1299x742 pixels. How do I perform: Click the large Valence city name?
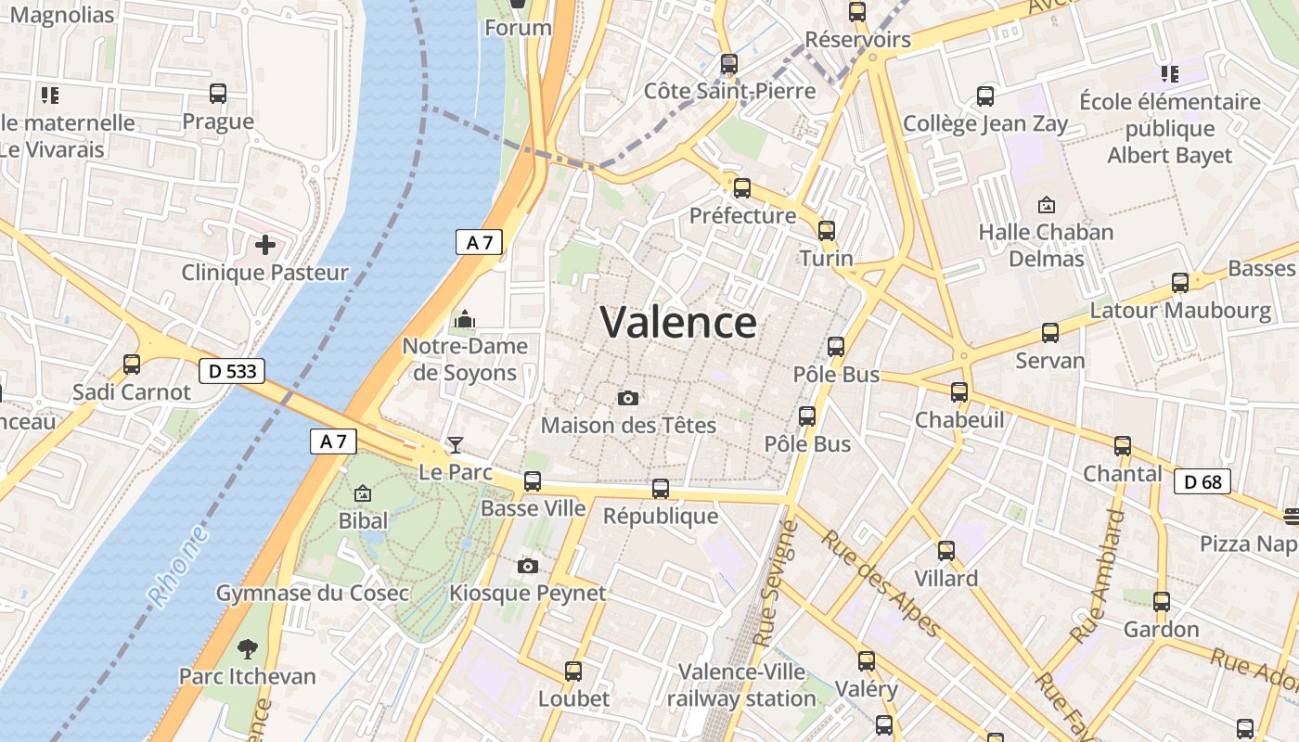[x=678, y=323]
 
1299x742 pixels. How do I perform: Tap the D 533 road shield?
[x=232, y=372]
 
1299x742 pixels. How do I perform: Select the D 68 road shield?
[x=1203, y=481]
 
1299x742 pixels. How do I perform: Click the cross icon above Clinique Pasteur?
[x=265, y=246]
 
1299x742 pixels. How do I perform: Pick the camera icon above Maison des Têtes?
[x=628, y=399]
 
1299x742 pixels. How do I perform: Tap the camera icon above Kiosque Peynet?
[x=527, y=566]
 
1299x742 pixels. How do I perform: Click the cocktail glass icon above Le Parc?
[x=456, y=445]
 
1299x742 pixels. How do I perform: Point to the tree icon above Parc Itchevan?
[x=248, y=648]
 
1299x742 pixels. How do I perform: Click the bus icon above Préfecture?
[x=742, y=188]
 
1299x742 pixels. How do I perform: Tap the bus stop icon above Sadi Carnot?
[x=132, y=365]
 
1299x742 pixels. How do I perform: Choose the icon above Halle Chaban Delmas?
[x=1047, y=204]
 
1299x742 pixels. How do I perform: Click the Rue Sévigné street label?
[x=777, y=584]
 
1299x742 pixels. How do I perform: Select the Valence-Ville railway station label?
[x=741, y=684]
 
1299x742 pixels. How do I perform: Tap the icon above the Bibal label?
[x=363, y=493]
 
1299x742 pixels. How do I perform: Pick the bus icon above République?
[x=661, y=488]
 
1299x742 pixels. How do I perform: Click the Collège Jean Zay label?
[x=985, y=123]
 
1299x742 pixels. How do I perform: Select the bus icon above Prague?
[x=218, y=94]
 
